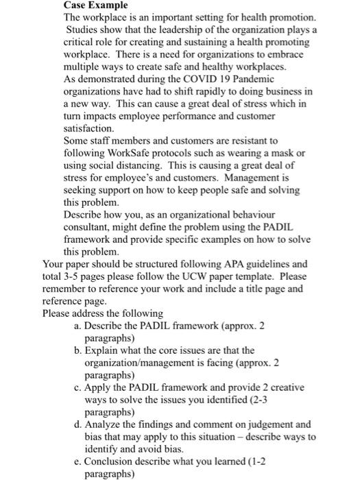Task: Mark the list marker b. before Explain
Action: pos(77,350)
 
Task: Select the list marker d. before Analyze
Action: pos(77,424)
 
